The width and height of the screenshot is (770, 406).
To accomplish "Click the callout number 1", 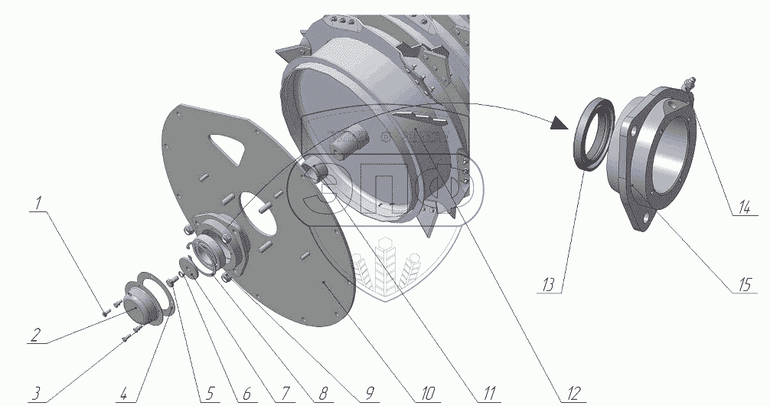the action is coord(38,203).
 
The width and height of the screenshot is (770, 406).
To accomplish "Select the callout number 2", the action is coord(34,336).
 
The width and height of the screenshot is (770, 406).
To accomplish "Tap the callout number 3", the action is coord(35,393).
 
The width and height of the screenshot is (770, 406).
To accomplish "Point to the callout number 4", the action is coord(124,393).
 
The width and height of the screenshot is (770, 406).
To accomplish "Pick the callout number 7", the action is coord(284,393).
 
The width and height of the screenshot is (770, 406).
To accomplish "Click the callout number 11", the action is coord(488,393).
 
